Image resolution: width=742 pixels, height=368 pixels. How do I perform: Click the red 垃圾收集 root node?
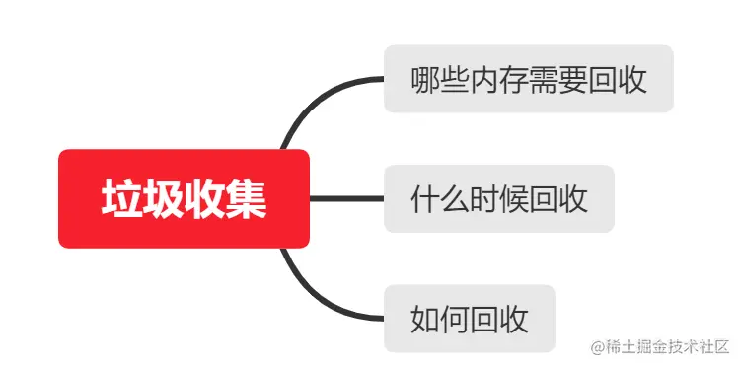(x=185, y=198)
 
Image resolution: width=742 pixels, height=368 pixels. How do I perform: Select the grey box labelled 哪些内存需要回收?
(x=528, y=79)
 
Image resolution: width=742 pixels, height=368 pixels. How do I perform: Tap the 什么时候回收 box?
(x=498, y=199)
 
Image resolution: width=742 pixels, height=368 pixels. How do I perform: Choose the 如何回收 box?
(x=469, y=319)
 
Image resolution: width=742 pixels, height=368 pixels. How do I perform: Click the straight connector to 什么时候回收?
(x=346, y=198)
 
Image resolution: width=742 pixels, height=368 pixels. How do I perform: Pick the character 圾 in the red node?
(x=163, y=199)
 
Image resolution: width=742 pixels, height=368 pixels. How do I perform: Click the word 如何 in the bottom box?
(x=440, y=320)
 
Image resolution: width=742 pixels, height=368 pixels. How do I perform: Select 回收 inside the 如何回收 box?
(x=499, y=320)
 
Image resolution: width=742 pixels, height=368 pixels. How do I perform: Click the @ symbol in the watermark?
(x=597, y=346)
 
